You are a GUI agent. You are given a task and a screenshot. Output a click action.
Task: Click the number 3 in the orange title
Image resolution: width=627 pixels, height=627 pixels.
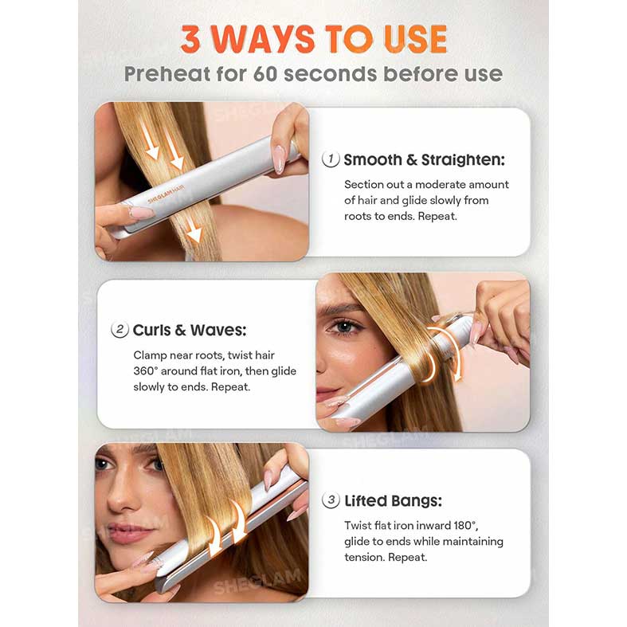pos(190,39)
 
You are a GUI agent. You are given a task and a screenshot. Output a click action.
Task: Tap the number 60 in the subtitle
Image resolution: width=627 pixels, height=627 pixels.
pos(265,74)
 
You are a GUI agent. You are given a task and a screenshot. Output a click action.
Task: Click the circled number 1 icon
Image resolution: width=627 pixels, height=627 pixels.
pos(331,159)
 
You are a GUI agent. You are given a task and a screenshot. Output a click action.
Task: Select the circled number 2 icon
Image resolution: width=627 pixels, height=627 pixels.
pos(120,330)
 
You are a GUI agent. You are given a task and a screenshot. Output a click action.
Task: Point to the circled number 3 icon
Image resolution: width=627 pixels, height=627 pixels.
pos(331,500)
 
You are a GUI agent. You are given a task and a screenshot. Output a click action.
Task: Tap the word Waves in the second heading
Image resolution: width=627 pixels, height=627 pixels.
pos(218,331)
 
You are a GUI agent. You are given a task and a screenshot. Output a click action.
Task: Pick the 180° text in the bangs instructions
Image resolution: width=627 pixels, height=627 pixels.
pos(465,526)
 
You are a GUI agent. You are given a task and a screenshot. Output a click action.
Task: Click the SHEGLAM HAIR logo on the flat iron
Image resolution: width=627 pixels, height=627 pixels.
pos(166,194)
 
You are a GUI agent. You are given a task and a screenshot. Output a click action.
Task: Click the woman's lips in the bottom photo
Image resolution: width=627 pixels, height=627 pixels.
pos(127,532)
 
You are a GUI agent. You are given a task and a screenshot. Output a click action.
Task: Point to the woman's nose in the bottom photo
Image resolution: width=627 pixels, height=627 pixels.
pos(122,499)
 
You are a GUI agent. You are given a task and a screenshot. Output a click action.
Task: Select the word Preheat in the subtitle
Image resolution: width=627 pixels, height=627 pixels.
pos(167,74)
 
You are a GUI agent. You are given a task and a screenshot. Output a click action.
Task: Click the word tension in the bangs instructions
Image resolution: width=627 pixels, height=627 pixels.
pos(364,558)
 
